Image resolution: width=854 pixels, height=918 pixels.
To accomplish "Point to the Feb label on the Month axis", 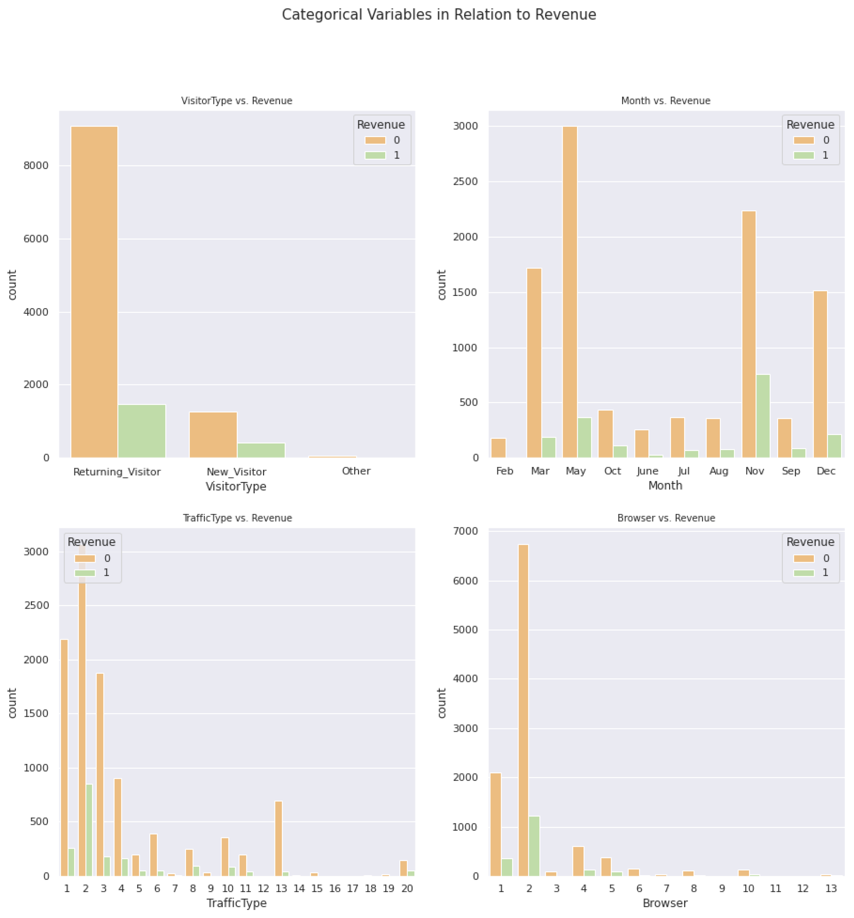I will click(x=504, y=471).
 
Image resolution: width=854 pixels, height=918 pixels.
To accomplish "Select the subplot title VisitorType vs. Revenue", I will click(x=236, y=101).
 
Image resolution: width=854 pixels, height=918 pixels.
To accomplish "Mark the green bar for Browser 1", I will click(x=507, y=867).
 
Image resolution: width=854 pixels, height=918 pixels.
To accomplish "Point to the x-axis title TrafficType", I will click(x=236, y=903).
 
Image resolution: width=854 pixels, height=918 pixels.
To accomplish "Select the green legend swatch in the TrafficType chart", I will click(x=85, y=573).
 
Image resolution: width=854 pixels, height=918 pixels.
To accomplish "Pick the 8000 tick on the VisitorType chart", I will click(x=36, y=166).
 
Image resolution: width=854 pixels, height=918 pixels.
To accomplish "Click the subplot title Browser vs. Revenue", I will click(x=666, y=518).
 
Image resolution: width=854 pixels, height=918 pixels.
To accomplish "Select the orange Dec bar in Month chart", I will click(x=820, y=374).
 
